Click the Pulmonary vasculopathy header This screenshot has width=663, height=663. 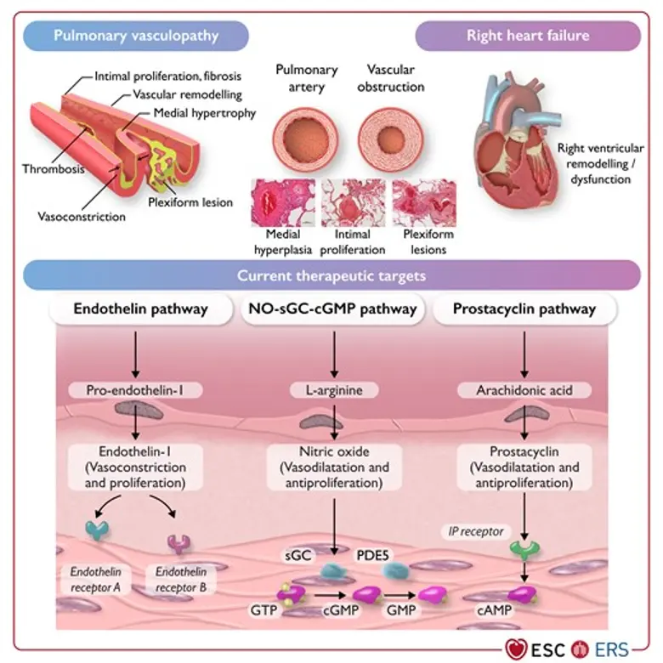click(x=137, y=36)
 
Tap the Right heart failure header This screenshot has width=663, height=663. click(x=528, y=36)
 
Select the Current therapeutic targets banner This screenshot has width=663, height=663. click(x=332, y=275)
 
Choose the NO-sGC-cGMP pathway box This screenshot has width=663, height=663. click(x=332, y=309)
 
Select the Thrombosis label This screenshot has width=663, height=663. click(x=53, y=168)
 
